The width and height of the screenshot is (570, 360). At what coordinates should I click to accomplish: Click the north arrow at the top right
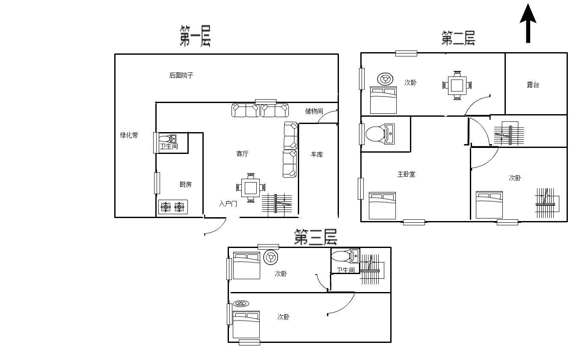[x=528, y=24]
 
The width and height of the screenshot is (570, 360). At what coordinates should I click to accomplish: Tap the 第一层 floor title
[x=195, y=36]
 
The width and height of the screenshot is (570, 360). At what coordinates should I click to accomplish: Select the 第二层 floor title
[x=458, y=38]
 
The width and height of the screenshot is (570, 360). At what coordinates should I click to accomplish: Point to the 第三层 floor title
[x=316, y=237]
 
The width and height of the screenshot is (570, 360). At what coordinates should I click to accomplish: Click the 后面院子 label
[x=181, y=75]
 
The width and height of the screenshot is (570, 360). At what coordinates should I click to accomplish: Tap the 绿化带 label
[x=129, y=135]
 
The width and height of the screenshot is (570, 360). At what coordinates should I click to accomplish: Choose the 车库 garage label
[x=317, y=154]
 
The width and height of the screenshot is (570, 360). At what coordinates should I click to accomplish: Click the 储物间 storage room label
[x=314, y=111]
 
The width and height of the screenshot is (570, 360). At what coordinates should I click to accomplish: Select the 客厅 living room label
[x=242, y=153]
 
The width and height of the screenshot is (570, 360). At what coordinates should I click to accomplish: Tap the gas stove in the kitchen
[x=173, y=207]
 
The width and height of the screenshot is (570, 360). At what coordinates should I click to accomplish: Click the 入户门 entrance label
[x=228, y=204]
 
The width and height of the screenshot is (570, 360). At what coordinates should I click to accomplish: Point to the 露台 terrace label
[x=533, y=85]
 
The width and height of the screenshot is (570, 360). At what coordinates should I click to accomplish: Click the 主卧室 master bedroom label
[x=407, y=174]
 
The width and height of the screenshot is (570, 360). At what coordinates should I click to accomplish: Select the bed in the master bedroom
[x=382, y=205]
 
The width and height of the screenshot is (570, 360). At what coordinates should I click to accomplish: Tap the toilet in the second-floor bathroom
[x=380, y=134]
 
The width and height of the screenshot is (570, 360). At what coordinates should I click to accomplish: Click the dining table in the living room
[x=251, y=188]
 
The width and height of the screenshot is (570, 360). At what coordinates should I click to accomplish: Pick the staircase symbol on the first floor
[x=277, y=203]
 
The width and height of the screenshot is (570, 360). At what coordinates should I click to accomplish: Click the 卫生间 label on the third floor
[x=346, y=270]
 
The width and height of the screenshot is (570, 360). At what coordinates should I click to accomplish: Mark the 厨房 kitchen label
[x=185, y=184]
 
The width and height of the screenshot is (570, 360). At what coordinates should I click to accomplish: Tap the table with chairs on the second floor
[x=457, y=85]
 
